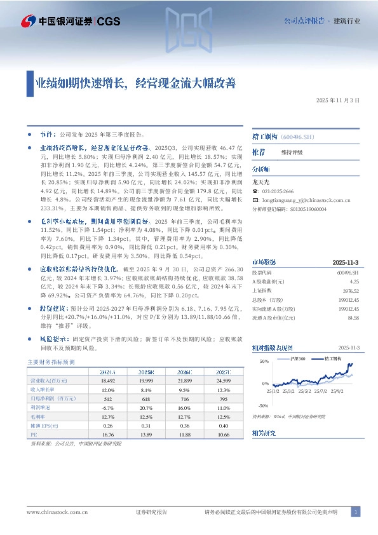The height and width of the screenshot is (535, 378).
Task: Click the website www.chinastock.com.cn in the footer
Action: point(57,512)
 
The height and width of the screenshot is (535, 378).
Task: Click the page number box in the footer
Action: point(356,511)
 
